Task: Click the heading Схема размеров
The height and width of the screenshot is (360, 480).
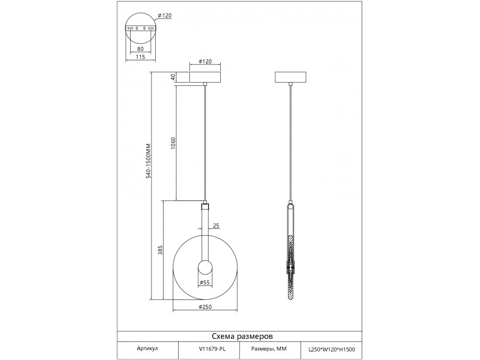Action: coord(243,337)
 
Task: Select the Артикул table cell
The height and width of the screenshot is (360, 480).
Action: coord(147,348)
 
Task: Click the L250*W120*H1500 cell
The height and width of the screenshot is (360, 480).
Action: coord(332,349)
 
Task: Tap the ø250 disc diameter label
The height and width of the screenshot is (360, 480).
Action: coord(206,307)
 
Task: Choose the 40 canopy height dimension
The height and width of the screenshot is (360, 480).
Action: coord(173,77)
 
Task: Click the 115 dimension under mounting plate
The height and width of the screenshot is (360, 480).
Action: coord(141,58)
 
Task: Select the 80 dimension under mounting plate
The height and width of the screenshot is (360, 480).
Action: coord(141,49)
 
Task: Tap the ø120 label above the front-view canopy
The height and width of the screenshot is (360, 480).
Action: coord(205,61)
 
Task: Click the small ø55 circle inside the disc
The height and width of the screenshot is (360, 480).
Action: coord(205,268)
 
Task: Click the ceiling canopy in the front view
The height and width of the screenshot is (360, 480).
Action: coord(205,77)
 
